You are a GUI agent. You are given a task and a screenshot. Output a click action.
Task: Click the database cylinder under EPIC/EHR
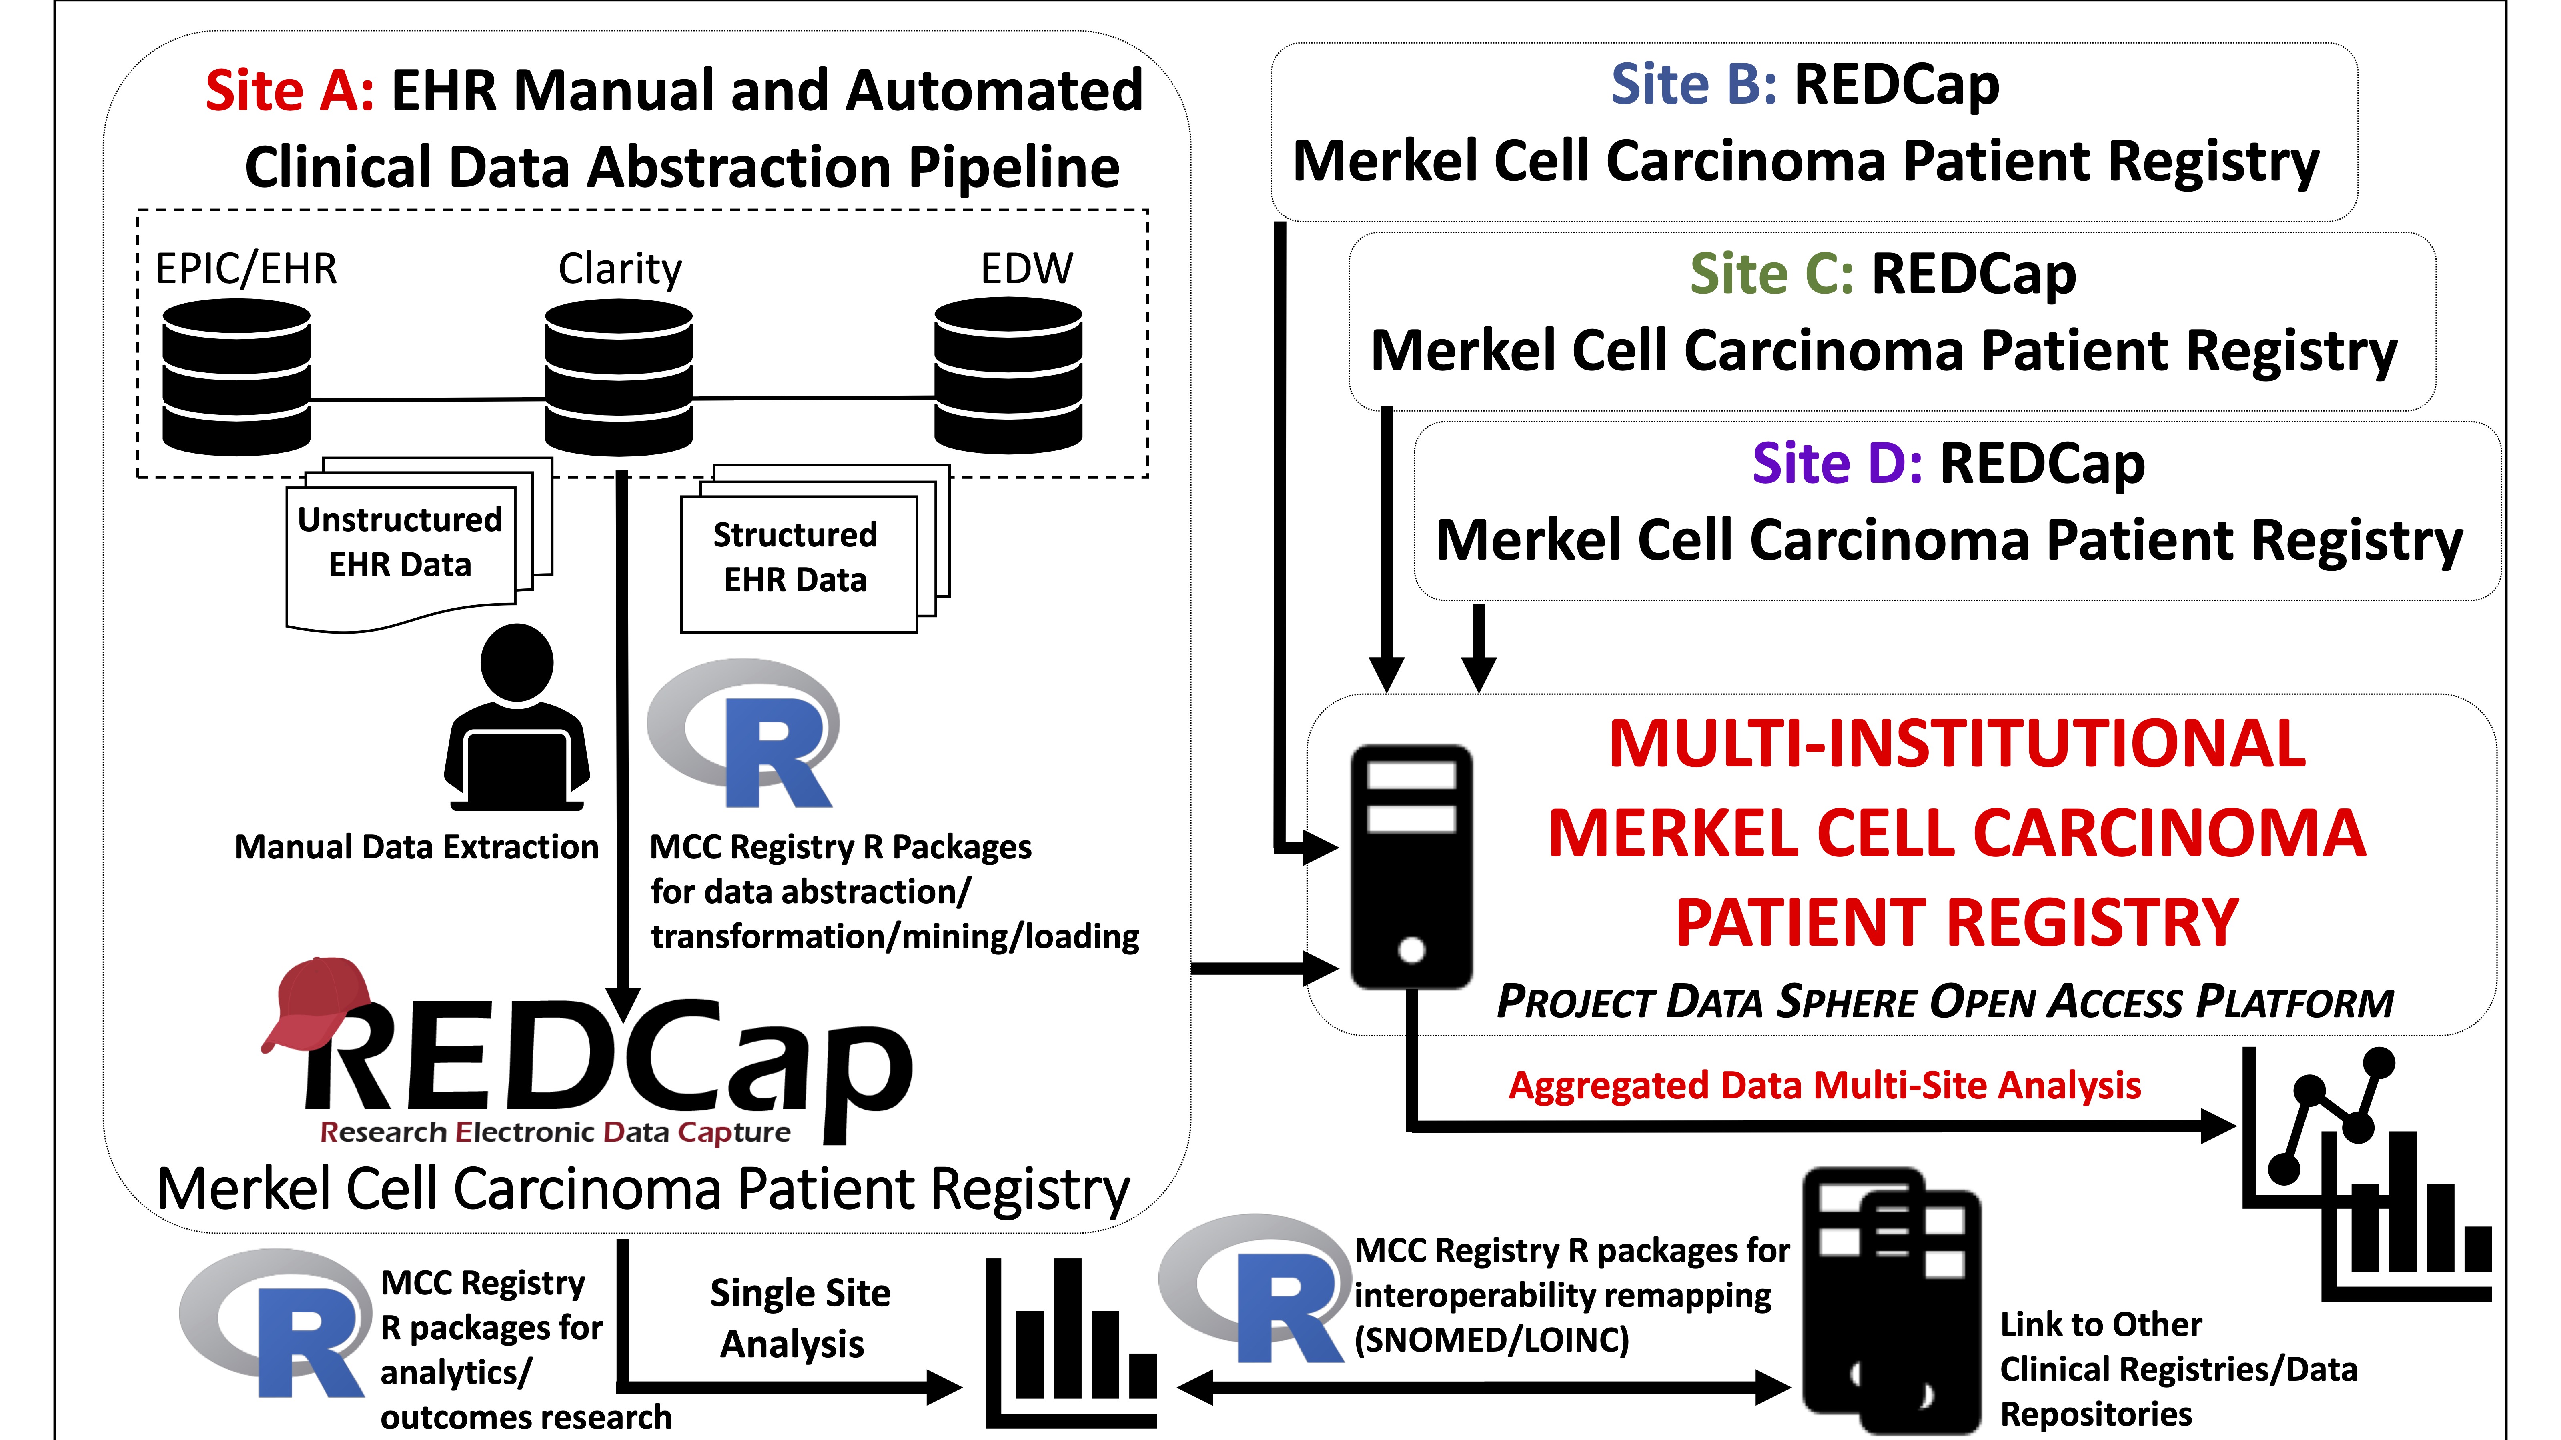click(236, 378)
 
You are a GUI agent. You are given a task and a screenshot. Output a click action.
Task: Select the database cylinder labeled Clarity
click(618, 378)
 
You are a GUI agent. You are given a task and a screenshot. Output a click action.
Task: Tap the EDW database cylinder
click(1008, 376)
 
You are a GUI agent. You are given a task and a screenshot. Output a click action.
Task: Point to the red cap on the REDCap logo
click(316, 1004)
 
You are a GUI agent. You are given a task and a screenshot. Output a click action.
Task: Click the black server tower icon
click(1412, 866)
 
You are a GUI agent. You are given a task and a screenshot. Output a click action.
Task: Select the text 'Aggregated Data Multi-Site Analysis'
click(1824, 1085)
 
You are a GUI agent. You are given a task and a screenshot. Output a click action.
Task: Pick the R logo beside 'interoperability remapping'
click(1252, 1289)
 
